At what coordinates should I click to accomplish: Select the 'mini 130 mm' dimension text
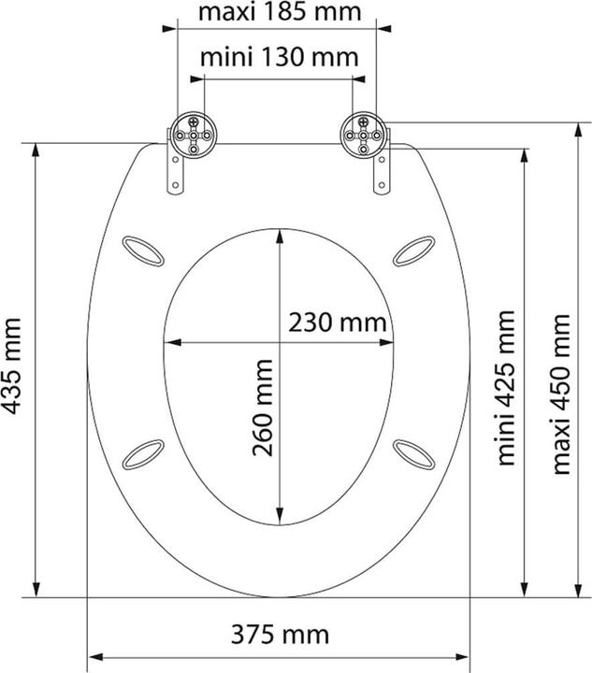tap(279, 57)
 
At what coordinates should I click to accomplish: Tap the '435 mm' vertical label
tap(13, 365)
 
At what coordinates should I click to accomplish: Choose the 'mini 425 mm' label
tap(505, 387)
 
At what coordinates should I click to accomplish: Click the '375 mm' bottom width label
tap(279, 635)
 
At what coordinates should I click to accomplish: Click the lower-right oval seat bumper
tap(412, 455)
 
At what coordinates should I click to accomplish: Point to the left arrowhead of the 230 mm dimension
tap(169, 342)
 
